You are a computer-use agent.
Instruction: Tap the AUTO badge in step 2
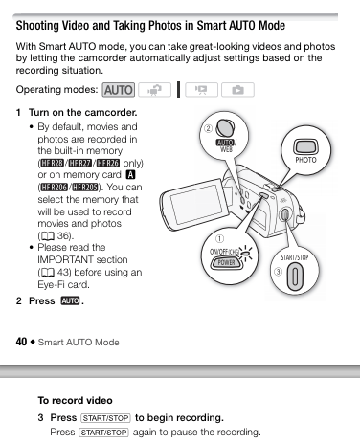70,300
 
